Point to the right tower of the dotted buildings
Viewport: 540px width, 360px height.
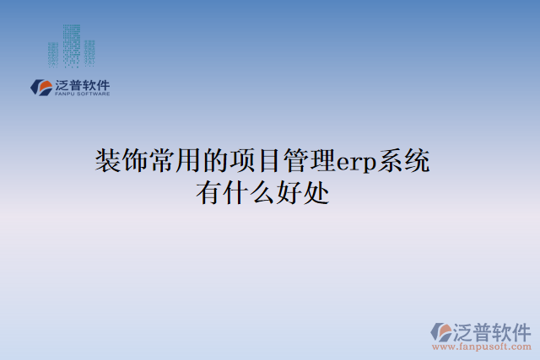(x=89, y=53)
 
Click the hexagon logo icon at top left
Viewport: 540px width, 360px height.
(x=40, y=87)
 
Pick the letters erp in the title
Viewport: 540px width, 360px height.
(x=354, y=162)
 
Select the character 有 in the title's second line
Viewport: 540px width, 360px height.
(x=208, y=193)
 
